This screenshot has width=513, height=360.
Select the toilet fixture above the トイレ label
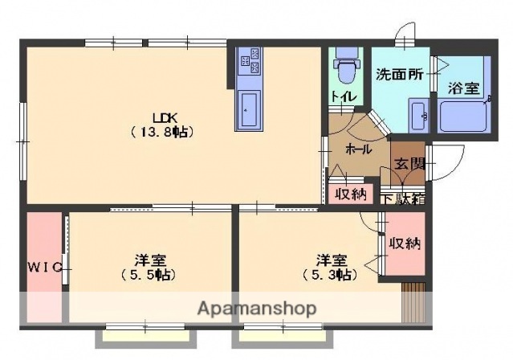point(347,67)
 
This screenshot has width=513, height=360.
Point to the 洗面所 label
point(400,75)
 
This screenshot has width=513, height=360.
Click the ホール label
point(358,149)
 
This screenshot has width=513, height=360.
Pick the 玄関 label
point(409,164)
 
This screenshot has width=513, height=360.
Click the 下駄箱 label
point(402,198)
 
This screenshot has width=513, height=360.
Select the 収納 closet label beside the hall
point(351,193)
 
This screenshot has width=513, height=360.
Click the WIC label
point(45,267)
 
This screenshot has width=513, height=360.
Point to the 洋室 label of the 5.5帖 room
point(150,260)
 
